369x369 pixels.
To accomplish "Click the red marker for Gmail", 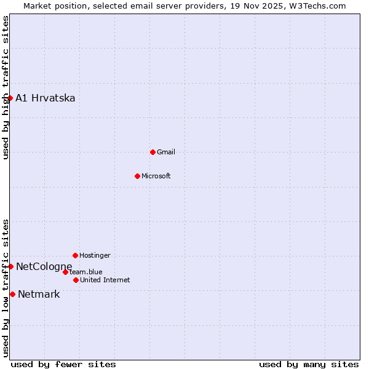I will (x=153, y=152).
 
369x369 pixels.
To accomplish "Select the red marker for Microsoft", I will (x=137, y=176).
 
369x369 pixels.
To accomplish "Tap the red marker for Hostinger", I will (x=75, y=255).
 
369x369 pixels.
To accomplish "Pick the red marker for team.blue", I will (x=65, y=272).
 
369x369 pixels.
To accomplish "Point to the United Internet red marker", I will (x=76, y=280).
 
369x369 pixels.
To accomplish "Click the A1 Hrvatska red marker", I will (x=10, y=98).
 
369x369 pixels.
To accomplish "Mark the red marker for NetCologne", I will (x=10, y=266).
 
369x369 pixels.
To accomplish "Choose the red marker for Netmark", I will (x=12, y=294).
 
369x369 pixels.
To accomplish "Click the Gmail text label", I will (x=166, y=152).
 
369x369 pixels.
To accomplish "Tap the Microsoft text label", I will (x=156, y=176).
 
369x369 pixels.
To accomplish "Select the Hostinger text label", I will (x=95, y=255).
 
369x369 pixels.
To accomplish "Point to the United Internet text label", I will (x=105, y=280).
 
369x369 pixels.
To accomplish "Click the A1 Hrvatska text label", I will (x=46, y=98).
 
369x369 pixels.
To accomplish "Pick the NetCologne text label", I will (x=44, y=266).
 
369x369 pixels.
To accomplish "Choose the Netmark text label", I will (x=39, y=294).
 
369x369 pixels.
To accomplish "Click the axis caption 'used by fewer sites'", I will (x=63, y=364).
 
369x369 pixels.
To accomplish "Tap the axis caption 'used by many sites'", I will (x=309, y=364).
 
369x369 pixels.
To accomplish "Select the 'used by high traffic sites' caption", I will (x=6, y=87).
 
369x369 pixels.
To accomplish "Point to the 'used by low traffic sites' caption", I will (x=6, y=288).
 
